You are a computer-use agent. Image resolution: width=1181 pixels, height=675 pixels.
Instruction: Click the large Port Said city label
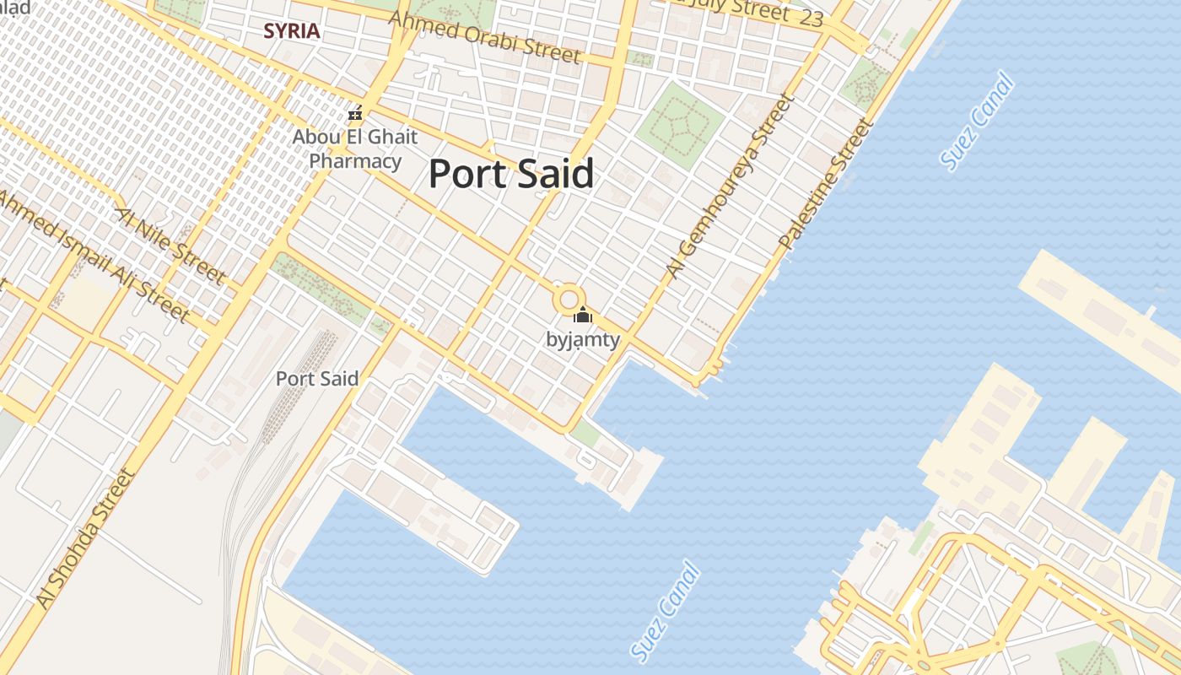click(511, 174)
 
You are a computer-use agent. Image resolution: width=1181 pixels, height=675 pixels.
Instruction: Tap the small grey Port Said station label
click(317, 379)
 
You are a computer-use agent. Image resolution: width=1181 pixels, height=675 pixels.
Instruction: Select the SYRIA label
click(292, 31)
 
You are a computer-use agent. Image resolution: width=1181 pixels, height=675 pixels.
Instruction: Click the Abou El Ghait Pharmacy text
click(355, 148)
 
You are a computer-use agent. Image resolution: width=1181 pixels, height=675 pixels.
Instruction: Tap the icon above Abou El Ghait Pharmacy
click(355, 113)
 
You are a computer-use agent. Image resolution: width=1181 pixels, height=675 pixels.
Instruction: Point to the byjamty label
click(583, 340)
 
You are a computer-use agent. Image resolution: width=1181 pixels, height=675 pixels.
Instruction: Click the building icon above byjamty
click(582, 316)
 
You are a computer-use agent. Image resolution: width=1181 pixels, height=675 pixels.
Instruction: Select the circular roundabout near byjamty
click(569, 299)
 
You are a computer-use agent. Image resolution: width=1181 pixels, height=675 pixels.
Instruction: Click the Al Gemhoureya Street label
click(731, 186)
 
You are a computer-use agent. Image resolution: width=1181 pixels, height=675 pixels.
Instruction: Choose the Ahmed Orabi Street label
click(485, 37)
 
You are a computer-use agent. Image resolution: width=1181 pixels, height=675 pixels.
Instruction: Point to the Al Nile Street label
click(170, 246)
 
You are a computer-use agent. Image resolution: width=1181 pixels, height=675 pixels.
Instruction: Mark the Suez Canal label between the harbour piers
click(666, 611)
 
